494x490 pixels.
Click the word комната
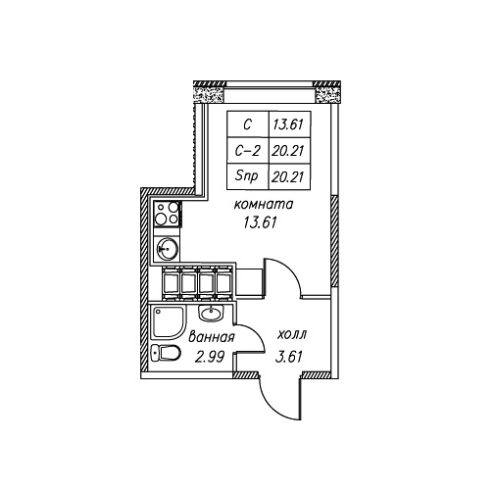tap(264, 205)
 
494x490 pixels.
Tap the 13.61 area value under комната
tap(260, 222)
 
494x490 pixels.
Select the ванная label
tap(212, 337)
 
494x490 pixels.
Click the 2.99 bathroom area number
tap(209, 357)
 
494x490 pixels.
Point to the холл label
tap(292, 335)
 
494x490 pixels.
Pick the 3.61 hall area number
tap(289, 357)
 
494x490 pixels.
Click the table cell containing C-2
tap(248, 151)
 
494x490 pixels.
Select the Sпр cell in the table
tap(248, 176)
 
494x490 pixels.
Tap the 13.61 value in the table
tap(288, 124)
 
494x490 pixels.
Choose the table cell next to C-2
tap(289, 151)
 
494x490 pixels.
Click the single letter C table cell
tap(248, 124)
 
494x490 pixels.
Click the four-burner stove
tap(167, 214)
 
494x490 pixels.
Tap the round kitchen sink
tap(167, 249)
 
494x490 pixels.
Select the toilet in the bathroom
tap(166, 353)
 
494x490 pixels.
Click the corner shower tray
tap(168, 322)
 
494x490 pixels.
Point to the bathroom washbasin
tap(211, 314)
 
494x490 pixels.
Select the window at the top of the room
tap(270, 92)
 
